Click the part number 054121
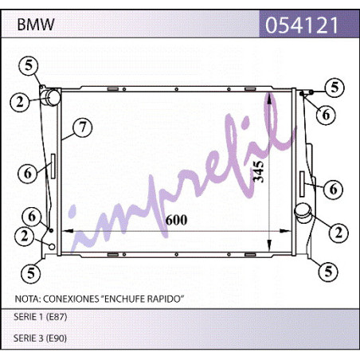tap(302, 25)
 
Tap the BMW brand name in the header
tap(36, 25)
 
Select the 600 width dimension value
tap(176, 220)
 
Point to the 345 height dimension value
tap(259, 171)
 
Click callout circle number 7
tap(83, 127)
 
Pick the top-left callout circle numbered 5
tap(29, 65)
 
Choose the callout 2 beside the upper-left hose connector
tap(20, 102)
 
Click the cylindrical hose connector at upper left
tap(53, 97)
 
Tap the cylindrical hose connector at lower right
tap(303, 213)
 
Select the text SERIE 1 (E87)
tap(41, 317)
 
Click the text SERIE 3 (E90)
tap(40, 338)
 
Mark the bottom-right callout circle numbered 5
tap(328, 272)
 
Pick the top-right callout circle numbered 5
tap(335, 88)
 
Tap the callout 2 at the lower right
tap(338, 233)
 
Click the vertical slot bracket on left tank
tap(53, 166)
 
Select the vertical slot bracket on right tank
tap(302, 184)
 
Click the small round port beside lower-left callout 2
tap(52, 247)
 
